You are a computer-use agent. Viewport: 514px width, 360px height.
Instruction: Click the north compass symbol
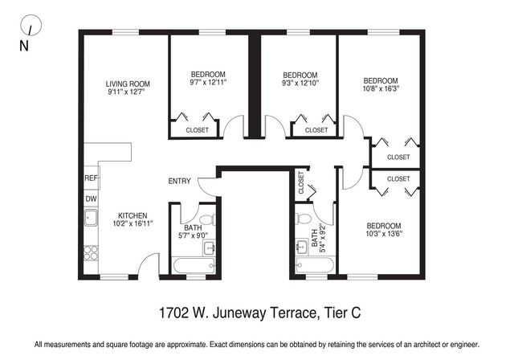coord(29,26)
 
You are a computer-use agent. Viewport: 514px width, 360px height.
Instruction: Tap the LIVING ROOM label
coord(128,84)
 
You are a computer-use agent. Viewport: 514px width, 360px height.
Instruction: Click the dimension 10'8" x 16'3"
coord(380,90)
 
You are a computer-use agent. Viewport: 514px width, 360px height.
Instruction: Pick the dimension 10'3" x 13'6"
coord(383,235)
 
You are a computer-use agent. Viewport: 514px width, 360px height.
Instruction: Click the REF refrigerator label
coord(91,178)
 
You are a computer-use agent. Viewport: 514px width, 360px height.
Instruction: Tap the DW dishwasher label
coord(91,198)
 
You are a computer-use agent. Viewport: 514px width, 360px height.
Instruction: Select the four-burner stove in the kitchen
coord(91,253)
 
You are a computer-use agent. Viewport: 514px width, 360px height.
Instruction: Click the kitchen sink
coord(91,219)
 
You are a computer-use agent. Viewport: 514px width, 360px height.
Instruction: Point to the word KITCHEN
coord(133,215)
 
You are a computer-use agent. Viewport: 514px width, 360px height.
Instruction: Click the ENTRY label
coord(179,181)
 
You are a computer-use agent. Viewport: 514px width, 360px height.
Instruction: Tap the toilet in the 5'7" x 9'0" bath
coord(206,219)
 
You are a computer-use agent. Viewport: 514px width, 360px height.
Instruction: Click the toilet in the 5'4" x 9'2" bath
coord(303,219)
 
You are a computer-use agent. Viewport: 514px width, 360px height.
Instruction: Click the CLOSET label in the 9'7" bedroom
coord(197,130)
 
